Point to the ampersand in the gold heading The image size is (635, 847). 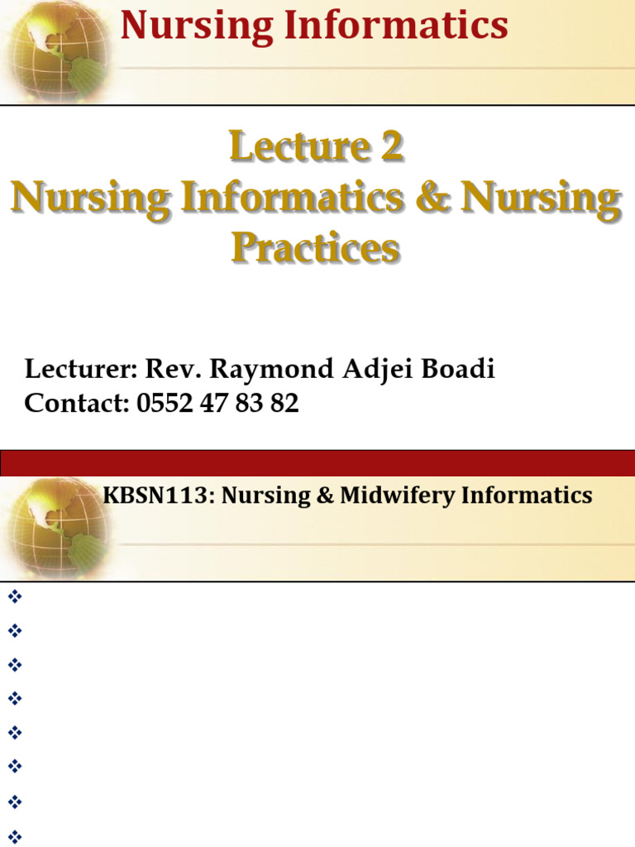[432, 199]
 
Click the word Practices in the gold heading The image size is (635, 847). [315, 247]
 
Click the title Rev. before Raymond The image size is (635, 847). [169, 369]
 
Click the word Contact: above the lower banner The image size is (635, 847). [74, 404]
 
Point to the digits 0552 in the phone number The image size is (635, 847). [163, 404]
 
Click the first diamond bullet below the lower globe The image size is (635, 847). [14, 596]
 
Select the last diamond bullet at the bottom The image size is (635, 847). [14, 835]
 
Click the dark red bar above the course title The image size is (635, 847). [317, 462]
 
